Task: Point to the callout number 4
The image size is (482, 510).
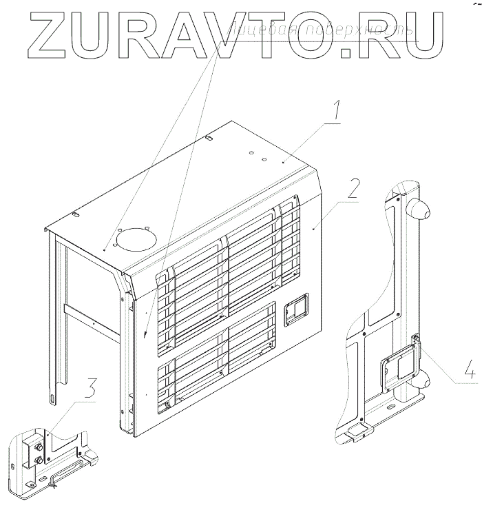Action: tap(469, 371)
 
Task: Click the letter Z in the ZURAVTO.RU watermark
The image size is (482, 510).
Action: tap(48, 34)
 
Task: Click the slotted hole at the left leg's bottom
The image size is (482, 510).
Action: tap(52, 398)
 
